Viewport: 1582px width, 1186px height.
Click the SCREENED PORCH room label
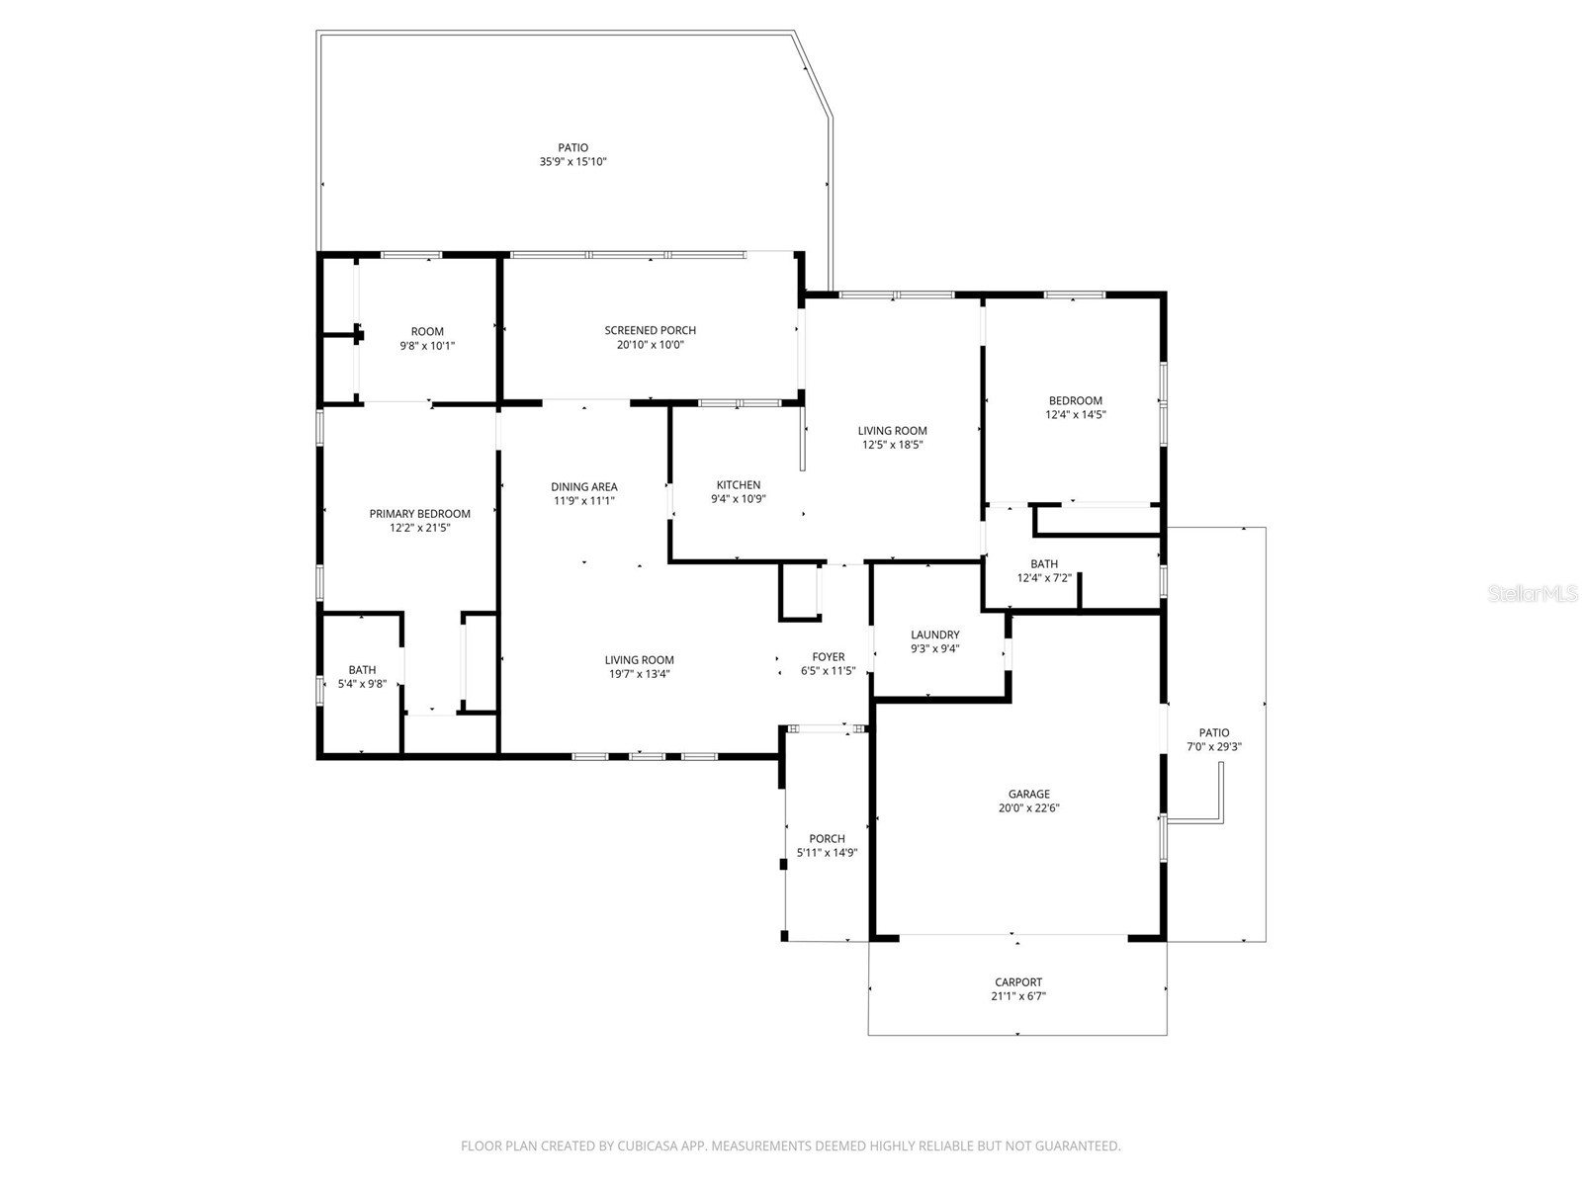coord(650,331)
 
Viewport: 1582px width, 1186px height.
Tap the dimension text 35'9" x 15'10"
coord(572,162)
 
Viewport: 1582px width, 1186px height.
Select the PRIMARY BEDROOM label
coord(419,514)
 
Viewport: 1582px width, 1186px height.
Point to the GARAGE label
coord(1028,794)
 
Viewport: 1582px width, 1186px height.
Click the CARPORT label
coord(1017,982)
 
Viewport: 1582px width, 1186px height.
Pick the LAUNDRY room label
coord(934,635)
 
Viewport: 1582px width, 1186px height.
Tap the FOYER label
coord(828,657)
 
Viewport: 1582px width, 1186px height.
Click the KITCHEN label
coord(738,485)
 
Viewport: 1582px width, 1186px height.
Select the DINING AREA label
coord(583,487)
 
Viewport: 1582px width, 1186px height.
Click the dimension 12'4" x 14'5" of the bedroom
coord(1075,415)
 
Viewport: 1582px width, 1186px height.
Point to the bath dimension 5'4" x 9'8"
coord(362,684)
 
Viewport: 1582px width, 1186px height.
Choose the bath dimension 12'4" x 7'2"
coord(1044,578)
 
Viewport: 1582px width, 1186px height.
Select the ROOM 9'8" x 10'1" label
coord(427,339)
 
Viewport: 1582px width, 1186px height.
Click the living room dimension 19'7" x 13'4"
coord(639,674)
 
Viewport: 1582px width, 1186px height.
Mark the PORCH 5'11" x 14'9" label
coord(827,845)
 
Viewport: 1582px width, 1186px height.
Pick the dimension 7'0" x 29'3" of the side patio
coord(1213,747)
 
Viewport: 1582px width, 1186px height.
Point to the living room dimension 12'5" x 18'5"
coord(892,445)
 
